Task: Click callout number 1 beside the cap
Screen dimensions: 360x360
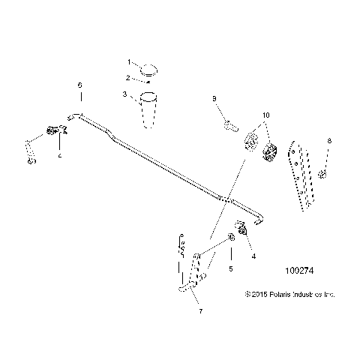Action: pyautogui.click(x=128, y=62)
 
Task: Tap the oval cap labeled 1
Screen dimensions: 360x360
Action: pyautogui.click(x=149, y=70)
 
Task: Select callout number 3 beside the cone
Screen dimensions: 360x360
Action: pyautogui.click(x=125, y=94)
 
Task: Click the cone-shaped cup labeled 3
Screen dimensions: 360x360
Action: pyautogui.click(x=149, y=109)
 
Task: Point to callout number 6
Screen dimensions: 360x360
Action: pyautogui.click(x=80, y=86)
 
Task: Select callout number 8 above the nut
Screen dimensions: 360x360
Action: pyautogui.click(x=328, y=141)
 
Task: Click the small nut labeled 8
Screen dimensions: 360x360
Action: pyautogui.click(x=322, y=175)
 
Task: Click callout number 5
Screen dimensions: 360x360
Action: pyautogui.click(x=232, y=268)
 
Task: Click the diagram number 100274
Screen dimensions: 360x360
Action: pyautogui.click(x=301, y=286)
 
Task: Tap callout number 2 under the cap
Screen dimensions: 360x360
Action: pyautogui.click(x=128, y=77)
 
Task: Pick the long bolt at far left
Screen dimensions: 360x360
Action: pyautogui.click(x=30, y=149)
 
